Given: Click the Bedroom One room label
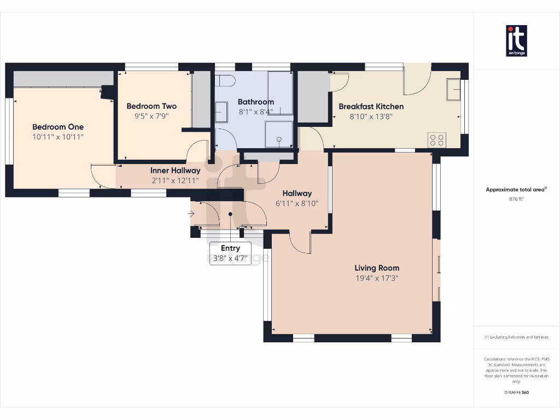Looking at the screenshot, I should pyautogui.click(x=57, y=127).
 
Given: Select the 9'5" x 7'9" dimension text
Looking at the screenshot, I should pyautogui.click(x=151, y=116).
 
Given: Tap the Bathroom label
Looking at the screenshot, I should pyautogui.click(x=255, y=102).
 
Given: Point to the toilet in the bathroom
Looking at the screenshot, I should pyautogui.click(x=225, y=81).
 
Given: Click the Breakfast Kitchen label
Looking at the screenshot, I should pyautogui.click(x=371, y=106).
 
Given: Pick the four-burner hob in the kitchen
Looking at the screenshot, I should pyautogui.click(x=437, y=139).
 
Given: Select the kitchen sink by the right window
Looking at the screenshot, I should pyautogui.click(x=453, y=90).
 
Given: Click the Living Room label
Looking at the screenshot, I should pyautogui.click(x=377, y=268).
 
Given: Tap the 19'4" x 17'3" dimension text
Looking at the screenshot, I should pyautogui.click(x=377, y=278).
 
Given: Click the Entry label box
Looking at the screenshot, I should pyautogui.click(x=230, y=253).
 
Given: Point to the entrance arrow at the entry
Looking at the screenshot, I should pyautogui.click(x=190, y=214).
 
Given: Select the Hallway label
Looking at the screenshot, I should pyautogui.click(x=297, y=193).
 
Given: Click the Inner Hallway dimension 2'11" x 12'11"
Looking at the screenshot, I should pyautogui.click(x=175, y=180).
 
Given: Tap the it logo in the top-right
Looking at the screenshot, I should pyautogui.click(x=516, y=40).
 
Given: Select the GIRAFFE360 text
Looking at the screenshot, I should pyautogui.click(x=516, y=392).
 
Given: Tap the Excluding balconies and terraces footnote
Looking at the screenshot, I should pyautogui.click(x=516, y=337).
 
